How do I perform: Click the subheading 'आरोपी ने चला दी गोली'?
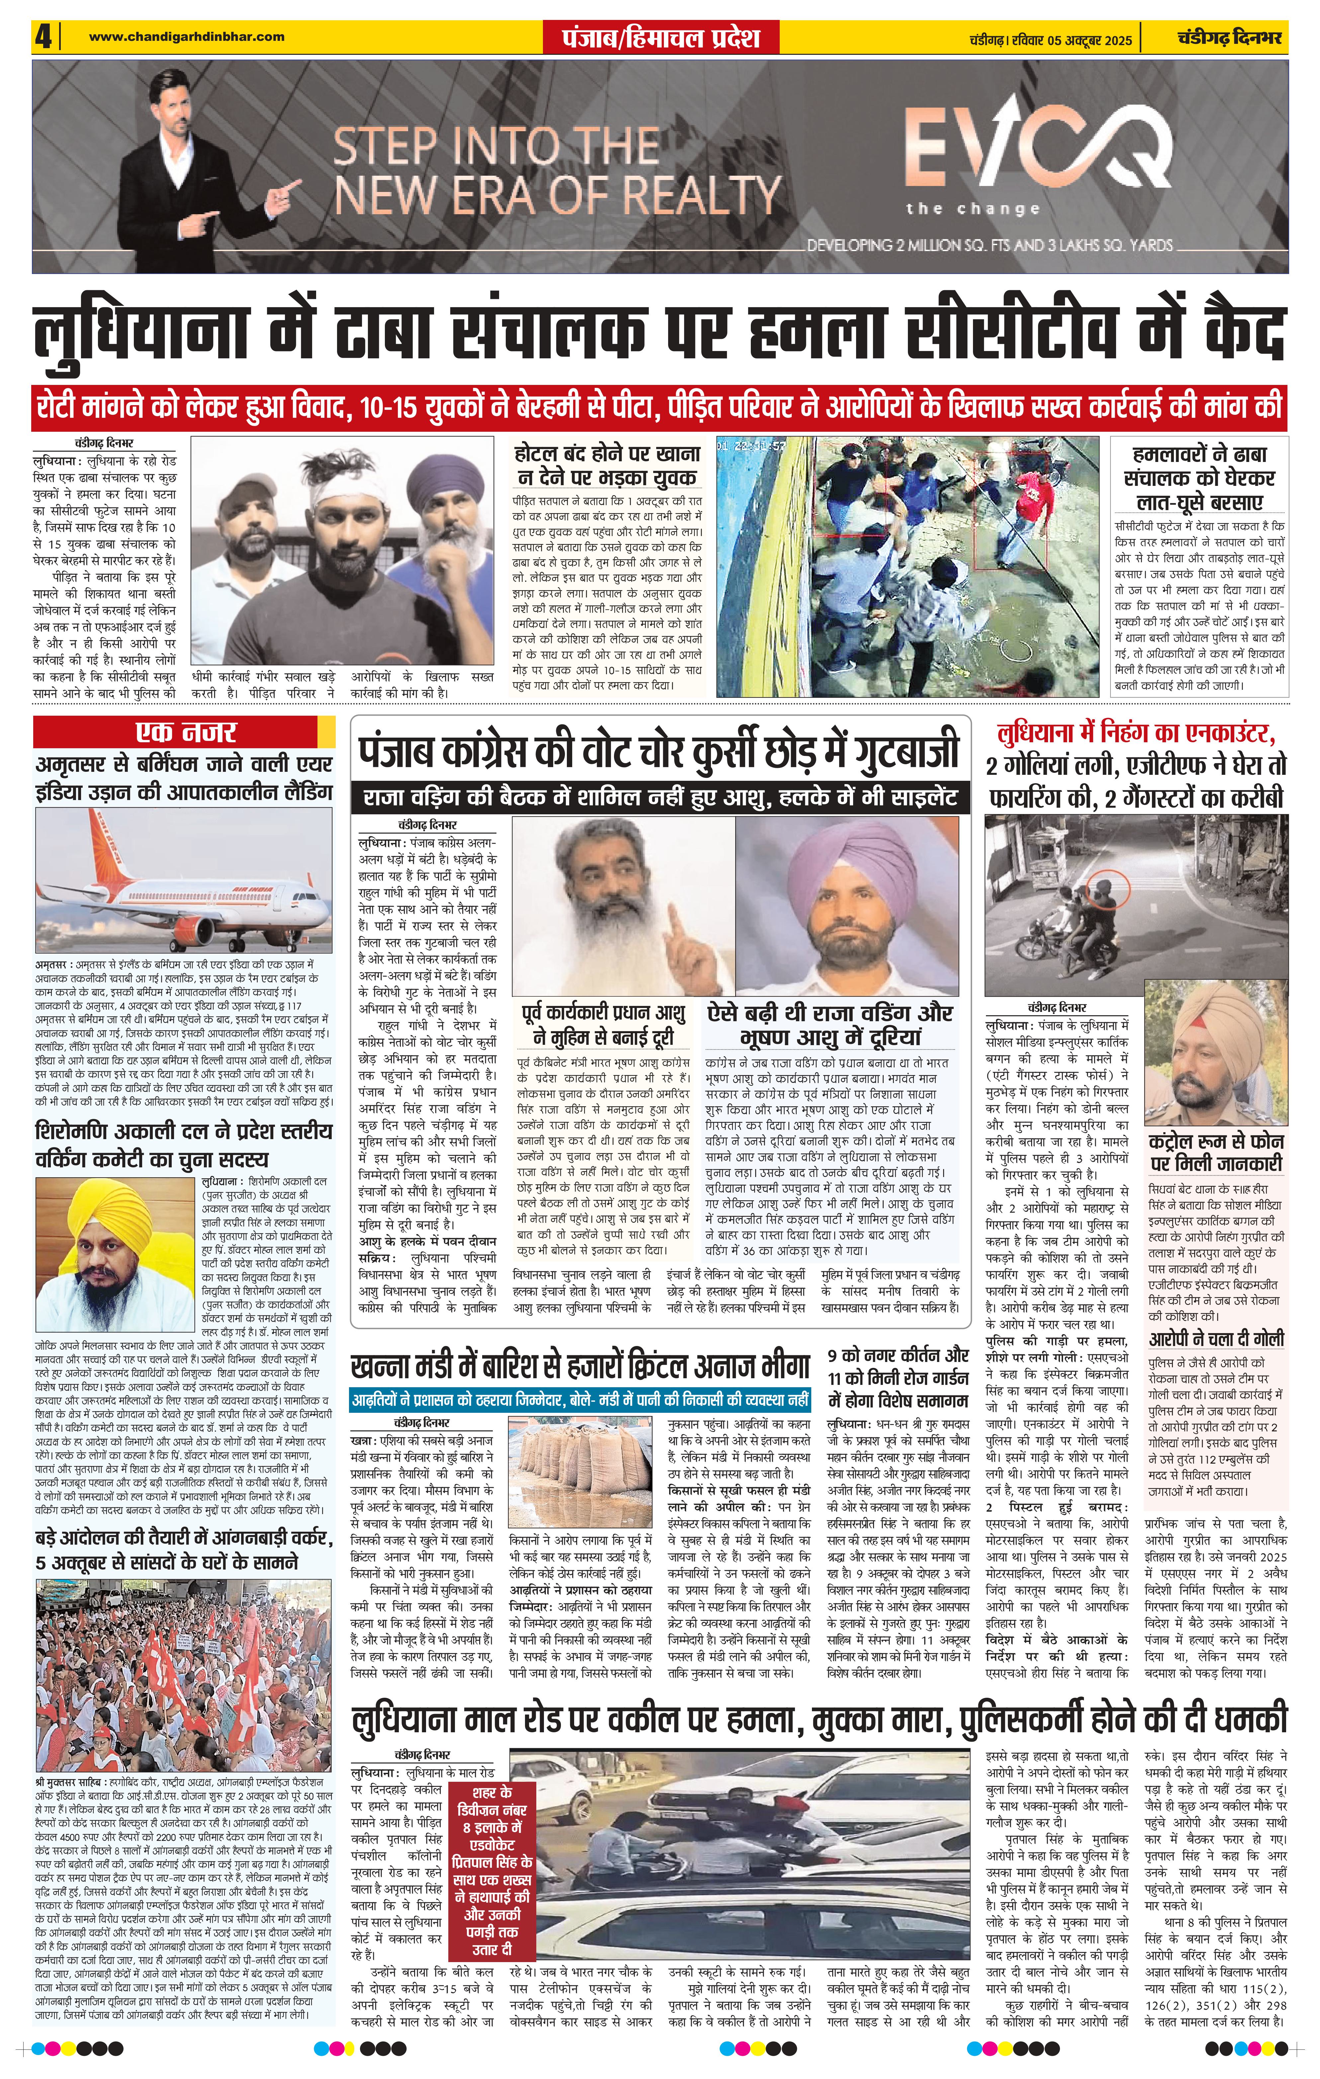click(1215, 1339)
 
